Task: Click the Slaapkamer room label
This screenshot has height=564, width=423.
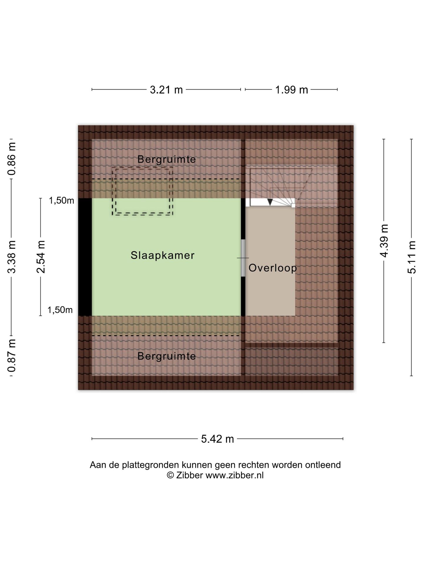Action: click(x=162, y=255)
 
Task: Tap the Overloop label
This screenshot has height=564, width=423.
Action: click(x=273, y=268)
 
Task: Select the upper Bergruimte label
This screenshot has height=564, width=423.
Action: click(x=167, y=160)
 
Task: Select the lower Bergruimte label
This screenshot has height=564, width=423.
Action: click(x=167, y=356)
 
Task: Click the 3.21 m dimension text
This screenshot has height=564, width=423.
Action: click(x=166, y=90)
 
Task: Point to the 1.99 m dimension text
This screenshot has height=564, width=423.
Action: click(x=291, y=90)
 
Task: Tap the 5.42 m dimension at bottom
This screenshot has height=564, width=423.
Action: click(x=217, y=439)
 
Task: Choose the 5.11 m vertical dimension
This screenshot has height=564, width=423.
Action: click(x=412, y=257)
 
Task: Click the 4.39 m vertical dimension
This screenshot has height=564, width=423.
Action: click(x=384, y=241)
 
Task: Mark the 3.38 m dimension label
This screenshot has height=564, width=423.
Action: click(x=12, y=257)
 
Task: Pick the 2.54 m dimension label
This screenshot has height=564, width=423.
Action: click(x=41, y=257)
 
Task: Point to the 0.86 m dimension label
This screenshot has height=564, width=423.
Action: click(x=12, y=159)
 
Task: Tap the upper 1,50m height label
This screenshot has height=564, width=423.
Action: click(x=61, y=201)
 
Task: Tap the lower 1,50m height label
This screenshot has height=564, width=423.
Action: click(x=60, y=310)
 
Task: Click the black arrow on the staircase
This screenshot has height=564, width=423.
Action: click(x=270, y=202)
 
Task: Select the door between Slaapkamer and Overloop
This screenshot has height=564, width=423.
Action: click(x=243, y=258)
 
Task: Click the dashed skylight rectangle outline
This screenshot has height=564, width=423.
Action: click(x=142, y=214)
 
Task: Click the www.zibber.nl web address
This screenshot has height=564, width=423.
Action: click(x=234, y=475)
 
